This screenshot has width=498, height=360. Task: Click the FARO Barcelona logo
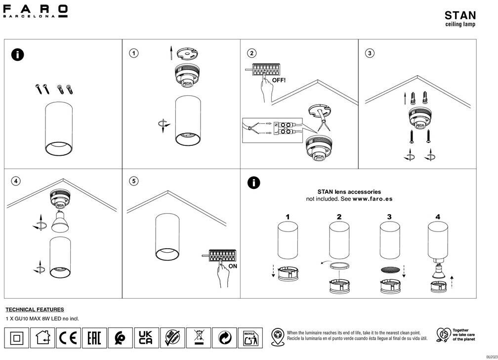coord(36,11)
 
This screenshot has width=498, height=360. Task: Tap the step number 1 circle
coord(134,53)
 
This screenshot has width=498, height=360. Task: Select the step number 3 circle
coord(370,53)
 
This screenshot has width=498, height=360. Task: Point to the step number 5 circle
coord(134,181)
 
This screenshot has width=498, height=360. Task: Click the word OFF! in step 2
coord(279,80)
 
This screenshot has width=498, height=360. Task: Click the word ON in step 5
coord(233,267)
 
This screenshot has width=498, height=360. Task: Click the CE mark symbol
coord(69,338)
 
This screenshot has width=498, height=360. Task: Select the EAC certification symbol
coord(94,338)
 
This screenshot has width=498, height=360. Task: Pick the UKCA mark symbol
coord(146,338)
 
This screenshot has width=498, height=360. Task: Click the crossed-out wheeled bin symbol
coord(199,338)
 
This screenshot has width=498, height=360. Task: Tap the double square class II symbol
coord(16,338)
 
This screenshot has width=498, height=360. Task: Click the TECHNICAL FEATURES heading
coord(35,310)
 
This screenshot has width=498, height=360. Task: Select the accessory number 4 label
coord(438,217)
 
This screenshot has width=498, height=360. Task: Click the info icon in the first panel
coord(17,54)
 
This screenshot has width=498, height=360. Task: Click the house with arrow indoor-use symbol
coord(42,338)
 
